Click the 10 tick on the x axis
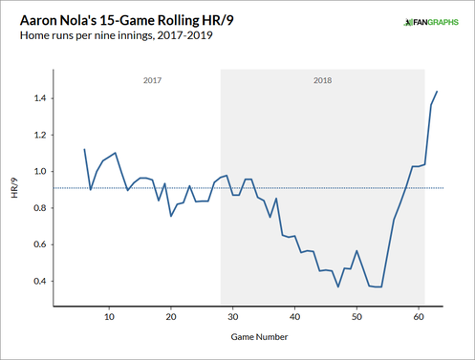109,317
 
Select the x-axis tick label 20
171,317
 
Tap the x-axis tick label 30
233,317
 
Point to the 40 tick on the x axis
295,317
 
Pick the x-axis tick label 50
356,317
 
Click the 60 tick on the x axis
419,317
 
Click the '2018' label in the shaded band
323,81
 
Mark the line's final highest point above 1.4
437,92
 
